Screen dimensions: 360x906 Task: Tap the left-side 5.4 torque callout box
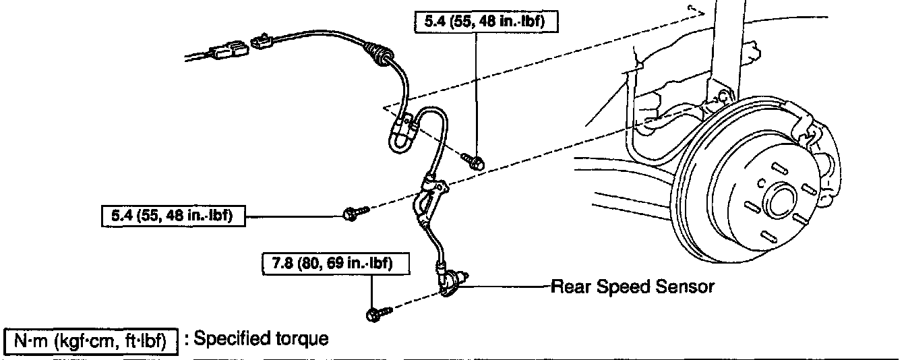(171, 216)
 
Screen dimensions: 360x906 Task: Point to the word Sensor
(684, 287)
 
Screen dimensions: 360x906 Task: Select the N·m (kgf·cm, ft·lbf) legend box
(91, 340)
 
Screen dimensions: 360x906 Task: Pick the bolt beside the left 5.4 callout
(353, 214)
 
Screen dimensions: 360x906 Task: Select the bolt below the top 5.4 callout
(473, 160)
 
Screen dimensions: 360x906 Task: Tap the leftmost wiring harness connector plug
(227, 51)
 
